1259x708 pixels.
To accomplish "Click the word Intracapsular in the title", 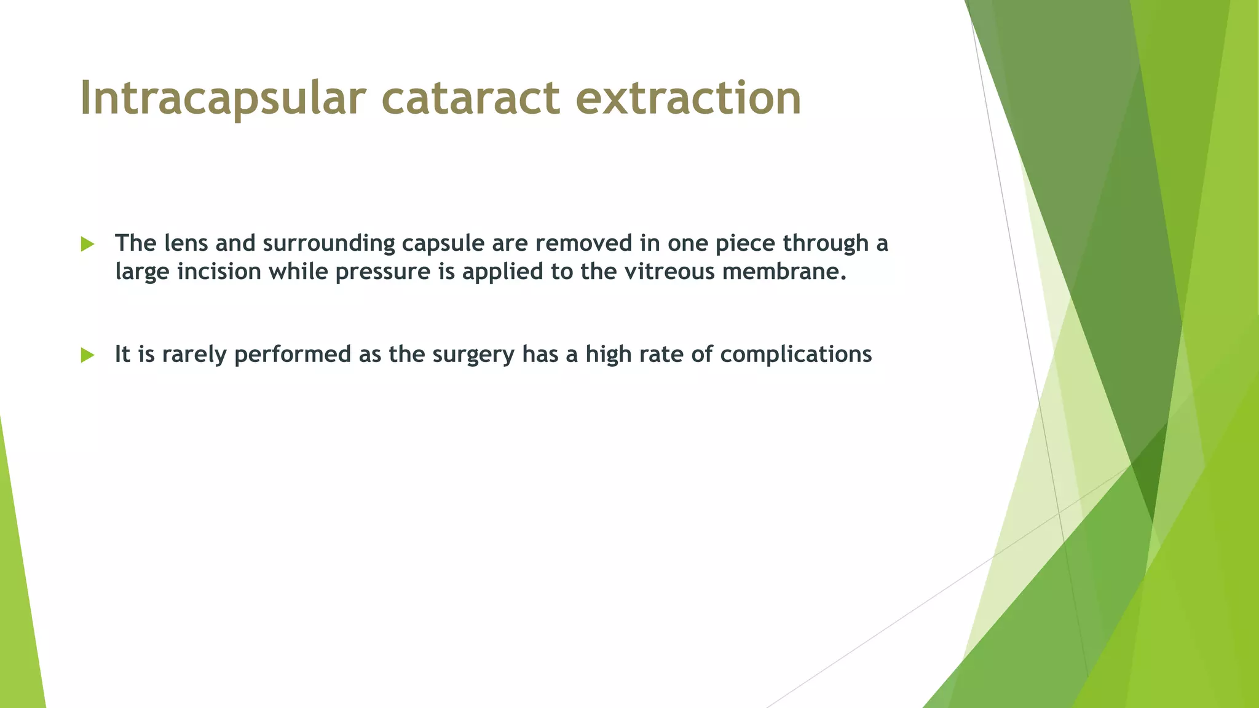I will (x=223, y=98).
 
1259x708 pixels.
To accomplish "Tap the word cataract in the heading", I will (x=470, y=98).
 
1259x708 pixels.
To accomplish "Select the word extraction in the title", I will (x=689, y=98).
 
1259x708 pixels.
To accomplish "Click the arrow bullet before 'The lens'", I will (x=87, y=244).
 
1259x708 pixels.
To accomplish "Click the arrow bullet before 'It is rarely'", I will (x=87, y=355).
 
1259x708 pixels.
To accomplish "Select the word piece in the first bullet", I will (x=746, y=244).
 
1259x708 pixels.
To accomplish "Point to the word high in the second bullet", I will (x=609, y=355).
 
